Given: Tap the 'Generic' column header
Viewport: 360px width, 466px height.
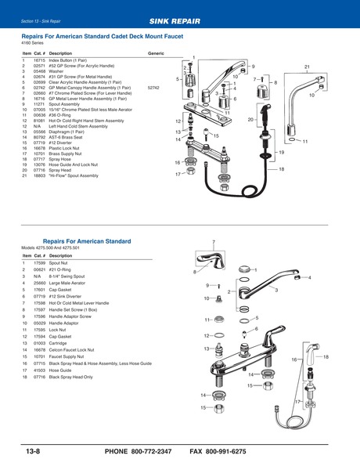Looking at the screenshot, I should [156, 52].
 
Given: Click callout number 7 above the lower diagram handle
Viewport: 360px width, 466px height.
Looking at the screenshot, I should [213, 242].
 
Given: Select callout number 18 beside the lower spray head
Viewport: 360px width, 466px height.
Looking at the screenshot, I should [326, 357].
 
